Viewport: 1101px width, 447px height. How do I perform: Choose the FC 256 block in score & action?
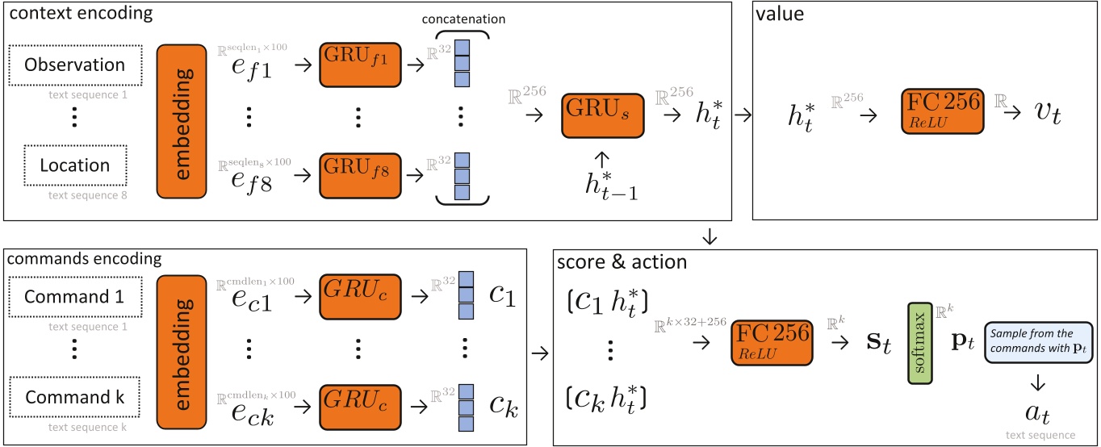point(770,344)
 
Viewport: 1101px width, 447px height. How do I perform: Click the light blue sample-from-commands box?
point(1036,343)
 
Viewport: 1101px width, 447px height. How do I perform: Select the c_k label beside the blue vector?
point(501,401)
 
